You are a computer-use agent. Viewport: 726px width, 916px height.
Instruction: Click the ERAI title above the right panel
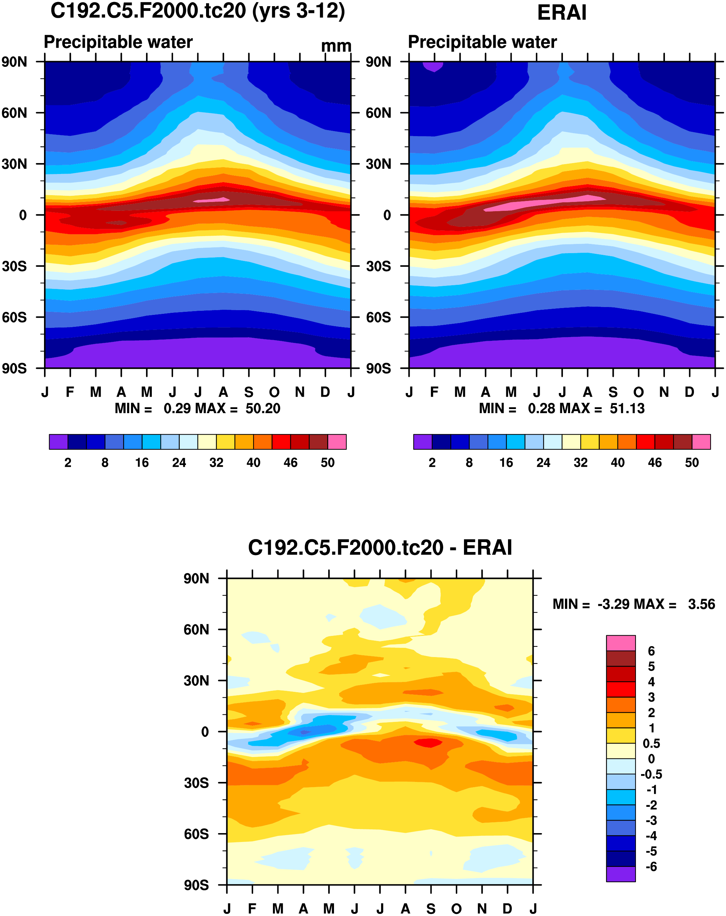point(562,13)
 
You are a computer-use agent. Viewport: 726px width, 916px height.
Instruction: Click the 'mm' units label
point(336,46)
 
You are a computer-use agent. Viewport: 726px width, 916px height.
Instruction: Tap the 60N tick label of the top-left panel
point(14,113)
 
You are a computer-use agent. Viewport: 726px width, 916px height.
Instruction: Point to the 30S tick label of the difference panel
point(196,783)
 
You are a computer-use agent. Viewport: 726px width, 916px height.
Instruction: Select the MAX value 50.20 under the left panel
point(263,408)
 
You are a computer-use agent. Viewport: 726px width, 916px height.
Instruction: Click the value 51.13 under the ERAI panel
point(627,408)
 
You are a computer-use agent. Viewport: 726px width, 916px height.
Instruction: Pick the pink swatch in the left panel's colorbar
point(337,442)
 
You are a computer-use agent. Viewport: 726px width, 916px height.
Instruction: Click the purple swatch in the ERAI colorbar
point(422,442)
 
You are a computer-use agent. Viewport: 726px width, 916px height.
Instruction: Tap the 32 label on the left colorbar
point(216,462)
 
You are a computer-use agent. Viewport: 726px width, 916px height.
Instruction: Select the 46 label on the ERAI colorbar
point(655,462)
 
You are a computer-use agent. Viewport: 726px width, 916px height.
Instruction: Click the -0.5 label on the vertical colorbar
point(651,774)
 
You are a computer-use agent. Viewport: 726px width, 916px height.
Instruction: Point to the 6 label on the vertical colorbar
point(651,651)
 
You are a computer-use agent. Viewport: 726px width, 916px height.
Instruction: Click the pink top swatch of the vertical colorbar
point(621,643)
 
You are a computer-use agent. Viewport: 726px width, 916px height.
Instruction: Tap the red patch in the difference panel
point(428,743)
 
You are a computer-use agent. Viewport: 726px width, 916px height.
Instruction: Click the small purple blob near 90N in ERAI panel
point(433,66)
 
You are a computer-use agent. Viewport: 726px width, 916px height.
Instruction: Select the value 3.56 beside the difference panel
point(701,604)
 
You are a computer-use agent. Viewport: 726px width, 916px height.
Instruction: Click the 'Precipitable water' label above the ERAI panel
point(482,42)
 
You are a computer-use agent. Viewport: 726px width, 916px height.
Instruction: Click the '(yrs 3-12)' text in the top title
point(298,11)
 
